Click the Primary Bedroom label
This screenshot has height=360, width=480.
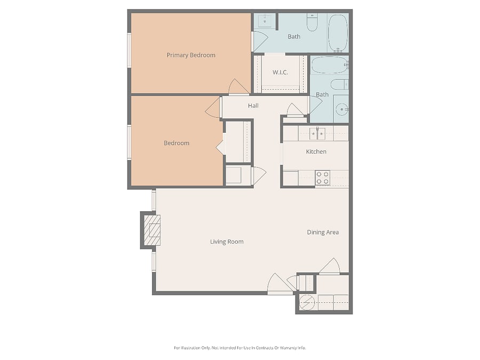point(191,55)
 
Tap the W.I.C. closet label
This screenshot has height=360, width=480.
point(280,73)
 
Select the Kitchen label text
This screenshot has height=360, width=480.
point(316,151)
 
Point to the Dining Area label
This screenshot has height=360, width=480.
point(323,233)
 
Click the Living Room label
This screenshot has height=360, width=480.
point(227,242)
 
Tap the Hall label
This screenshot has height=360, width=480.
point(253,106)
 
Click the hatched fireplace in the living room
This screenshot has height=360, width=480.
point(152,230)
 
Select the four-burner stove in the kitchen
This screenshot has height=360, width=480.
point(323,178)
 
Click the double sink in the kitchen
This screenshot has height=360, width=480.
point(317,134)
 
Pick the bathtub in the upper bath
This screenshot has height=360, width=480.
point(338,33)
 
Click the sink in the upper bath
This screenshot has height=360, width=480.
point(265,21)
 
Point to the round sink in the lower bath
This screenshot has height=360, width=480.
point(342,109)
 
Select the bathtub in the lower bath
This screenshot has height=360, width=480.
point(330,65)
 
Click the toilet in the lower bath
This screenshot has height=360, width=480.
point(340,84)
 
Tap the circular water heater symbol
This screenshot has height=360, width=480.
point(307,302)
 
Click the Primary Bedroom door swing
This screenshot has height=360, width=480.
point(238,86)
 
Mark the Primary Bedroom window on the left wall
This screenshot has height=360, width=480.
point(129,50)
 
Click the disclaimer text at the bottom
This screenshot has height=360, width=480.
point(239,348)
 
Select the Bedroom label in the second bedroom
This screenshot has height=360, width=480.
point(177,143)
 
